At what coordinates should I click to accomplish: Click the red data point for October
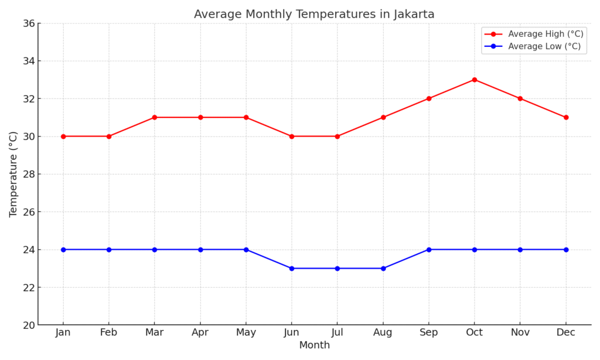[x=475, y=80]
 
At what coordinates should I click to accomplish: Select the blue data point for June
[x=292, y=269]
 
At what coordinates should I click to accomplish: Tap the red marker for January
[x=63, y=136]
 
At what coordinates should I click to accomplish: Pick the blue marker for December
[x=566, y=250]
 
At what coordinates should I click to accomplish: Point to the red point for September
[x=429, y=99]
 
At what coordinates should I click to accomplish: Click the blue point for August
[x=383, y=269]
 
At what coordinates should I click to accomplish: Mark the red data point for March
[x=155, y=117]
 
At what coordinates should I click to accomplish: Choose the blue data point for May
[x=246, y=250]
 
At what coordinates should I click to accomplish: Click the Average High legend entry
[x=545, y=34]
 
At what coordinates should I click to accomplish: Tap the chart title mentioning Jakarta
[x=314, y=14]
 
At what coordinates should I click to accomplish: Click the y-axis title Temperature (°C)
[x=13, y=174]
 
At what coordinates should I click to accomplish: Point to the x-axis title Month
[x=315, y=345]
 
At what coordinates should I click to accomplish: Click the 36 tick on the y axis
[x=28, y=23]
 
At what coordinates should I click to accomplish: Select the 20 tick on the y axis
[x=28, y=325]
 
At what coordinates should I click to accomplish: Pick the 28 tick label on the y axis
[x=28, y=174]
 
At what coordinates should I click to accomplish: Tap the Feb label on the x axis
[x=109, y=332]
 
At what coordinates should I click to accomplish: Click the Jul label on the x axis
[x=337, y=332]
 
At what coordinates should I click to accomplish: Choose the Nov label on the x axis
[x=520, y=332]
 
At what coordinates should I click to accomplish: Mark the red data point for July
[x=337, y=136]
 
